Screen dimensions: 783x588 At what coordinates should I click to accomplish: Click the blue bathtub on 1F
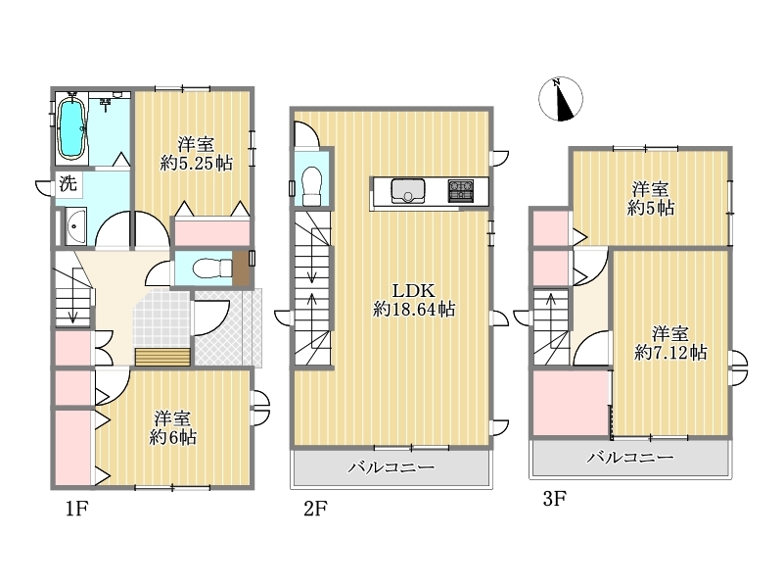(x=71, y=127)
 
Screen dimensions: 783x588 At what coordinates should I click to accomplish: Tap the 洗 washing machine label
(x=69, y=183)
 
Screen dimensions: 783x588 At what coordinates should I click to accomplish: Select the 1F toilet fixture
(x=212, y=268)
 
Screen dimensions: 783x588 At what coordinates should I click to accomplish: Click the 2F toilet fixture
(x=312, y=185)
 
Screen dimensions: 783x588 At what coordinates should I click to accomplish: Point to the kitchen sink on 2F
(x=408, y=190)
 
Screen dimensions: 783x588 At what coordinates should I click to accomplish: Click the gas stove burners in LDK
(x=460, y=190)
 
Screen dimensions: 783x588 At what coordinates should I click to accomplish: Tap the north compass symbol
(x=561, y=99)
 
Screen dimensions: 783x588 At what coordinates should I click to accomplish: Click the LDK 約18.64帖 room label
(x=414, y=300)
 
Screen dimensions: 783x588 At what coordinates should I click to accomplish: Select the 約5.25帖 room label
(x=197, y=154)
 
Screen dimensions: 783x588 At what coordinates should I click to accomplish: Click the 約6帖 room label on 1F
(x=173, y=428)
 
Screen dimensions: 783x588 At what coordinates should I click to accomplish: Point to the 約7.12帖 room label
(x=670, y=344)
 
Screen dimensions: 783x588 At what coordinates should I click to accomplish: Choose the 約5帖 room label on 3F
(x=651, y=199)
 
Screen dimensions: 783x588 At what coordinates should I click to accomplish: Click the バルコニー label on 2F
(x=391, y=467)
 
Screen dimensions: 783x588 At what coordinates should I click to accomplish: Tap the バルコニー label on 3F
(x=630, y=457)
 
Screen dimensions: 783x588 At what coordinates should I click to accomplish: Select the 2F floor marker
(x=315, y=509)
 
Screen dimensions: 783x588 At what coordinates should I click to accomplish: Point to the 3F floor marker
(x=555, y=498)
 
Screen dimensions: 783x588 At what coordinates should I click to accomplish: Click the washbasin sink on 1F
(x=76, y=226)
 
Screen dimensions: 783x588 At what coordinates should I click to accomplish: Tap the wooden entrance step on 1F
(x=162, y=358)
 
